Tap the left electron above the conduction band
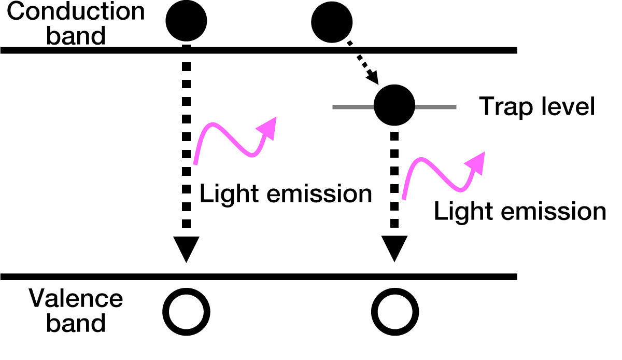186,20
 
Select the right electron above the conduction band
332,22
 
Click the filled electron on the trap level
394,105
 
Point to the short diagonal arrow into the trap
365,64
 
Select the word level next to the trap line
568,107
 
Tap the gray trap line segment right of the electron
435,107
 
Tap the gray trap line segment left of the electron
352,107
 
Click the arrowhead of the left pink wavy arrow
268,126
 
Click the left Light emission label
286,195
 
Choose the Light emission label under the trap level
520,212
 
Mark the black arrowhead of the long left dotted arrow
186,250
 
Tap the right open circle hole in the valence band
396,312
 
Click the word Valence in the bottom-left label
76,299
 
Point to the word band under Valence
76,323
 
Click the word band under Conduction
76,36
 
